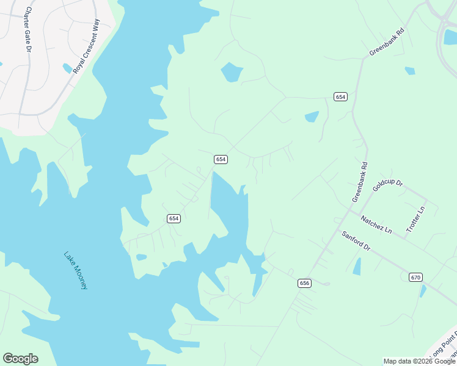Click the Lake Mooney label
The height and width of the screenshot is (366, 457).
pos(76,270)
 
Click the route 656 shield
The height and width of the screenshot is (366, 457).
pos(305,283)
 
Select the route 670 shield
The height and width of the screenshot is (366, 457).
pos(415,277)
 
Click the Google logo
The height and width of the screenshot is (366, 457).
pos(20,359)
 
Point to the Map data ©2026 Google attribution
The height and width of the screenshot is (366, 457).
pos(419,361)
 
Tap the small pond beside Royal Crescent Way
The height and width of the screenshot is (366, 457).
pos(67,68)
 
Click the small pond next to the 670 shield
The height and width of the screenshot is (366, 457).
pos(423,291)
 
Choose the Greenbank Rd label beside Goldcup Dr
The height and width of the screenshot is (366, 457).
pos(360,182)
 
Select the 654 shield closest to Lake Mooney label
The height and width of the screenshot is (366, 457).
pos(174,218)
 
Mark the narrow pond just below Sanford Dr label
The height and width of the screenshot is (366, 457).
pos(357,266)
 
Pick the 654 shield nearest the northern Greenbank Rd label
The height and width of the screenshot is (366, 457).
pos(340,97)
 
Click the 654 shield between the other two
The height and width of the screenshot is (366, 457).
pos(221,159)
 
